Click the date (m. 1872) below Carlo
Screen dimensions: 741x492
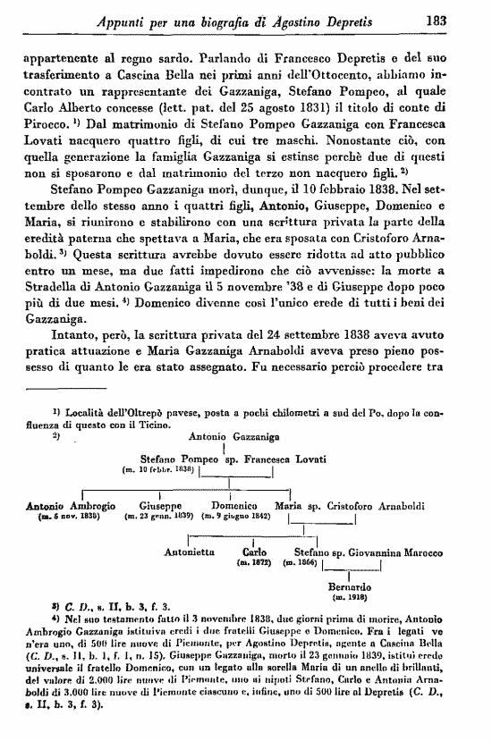point(248,563)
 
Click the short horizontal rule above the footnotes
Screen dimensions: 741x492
point(68,390)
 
